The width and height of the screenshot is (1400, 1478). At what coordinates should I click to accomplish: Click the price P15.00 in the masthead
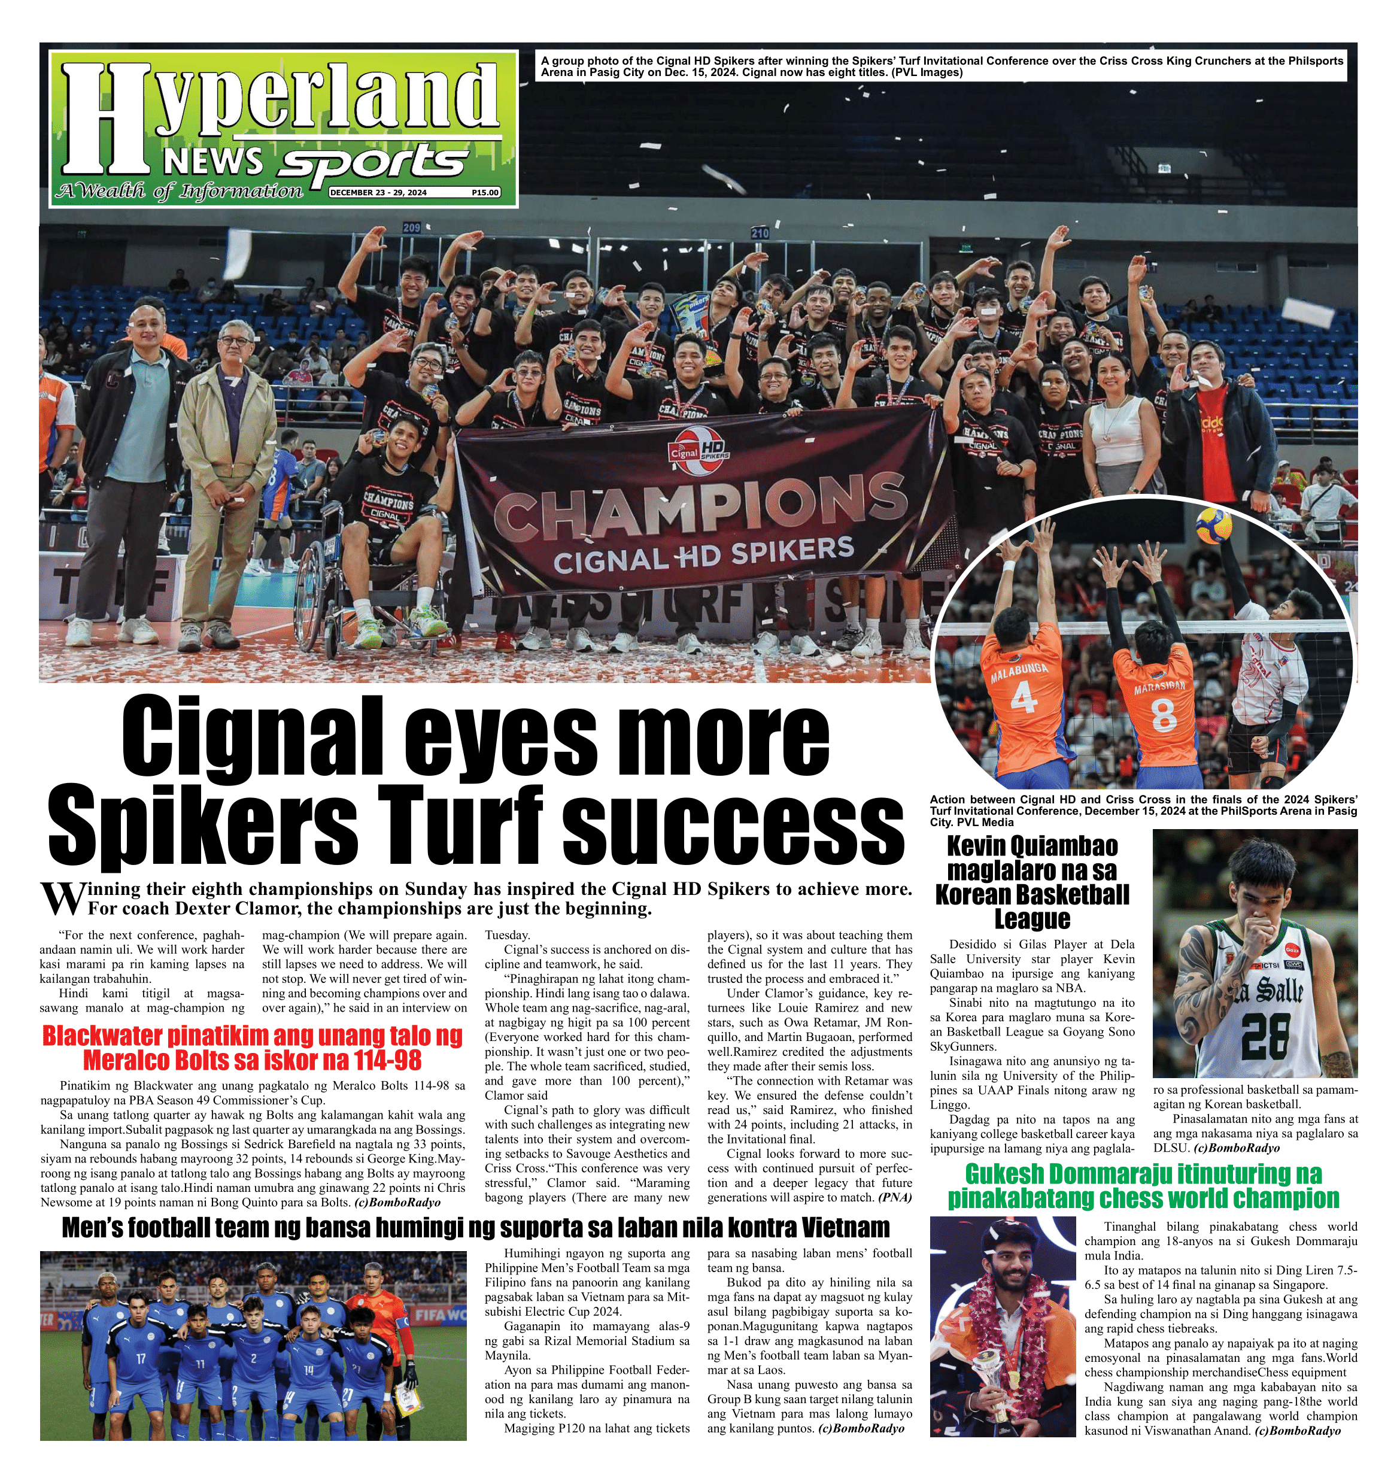(484, 193)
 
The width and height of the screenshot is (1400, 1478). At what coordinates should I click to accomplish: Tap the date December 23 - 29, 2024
(378, 193)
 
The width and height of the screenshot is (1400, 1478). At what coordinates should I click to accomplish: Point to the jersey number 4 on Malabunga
(1022, 699)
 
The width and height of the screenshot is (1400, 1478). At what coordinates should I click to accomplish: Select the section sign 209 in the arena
(411, 227)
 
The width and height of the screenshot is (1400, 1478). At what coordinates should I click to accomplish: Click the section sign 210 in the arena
(760, 233)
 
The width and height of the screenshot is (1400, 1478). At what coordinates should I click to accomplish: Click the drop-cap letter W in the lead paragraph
(58, 899)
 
